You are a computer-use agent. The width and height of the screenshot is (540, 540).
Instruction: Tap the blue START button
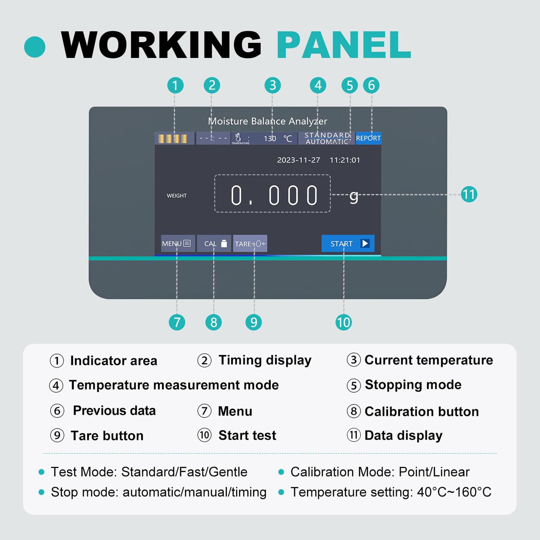point(348,243)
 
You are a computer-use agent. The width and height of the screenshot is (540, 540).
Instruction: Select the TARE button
point(250,243)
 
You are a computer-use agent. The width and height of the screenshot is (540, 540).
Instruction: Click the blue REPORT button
point(368,138)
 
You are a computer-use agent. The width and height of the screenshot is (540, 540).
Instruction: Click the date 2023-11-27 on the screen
point(298,160)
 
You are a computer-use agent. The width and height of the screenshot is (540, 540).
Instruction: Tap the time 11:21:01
point(345,160)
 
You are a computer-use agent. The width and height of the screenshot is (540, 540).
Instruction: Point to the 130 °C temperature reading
point(278,138)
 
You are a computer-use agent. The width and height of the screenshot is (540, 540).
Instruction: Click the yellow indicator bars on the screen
point(172,139)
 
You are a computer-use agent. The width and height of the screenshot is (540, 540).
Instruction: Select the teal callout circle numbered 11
point(469,194)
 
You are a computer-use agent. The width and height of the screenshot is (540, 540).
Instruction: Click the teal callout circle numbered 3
point(273,85)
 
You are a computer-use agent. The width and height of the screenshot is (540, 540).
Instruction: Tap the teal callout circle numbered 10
point(344,322)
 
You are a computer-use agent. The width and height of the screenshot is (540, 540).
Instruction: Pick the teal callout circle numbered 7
point(177,322)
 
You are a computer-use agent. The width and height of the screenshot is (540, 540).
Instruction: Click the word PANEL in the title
point(344,45)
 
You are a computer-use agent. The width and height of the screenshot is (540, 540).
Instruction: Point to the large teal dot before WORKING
point(35,47)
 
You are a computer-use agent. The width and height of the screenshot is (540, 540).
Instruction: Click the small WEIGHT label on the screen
point(177,196)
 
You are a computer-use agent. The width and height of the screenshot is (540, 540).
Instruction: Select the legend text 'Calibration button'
point(422,411)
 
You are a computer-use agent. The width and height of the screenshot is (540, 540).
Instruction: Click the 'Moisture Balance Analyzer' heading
point(268,121)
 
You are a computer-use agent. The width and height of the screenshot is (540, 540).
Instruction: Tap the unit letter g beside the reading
point(354,197)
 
